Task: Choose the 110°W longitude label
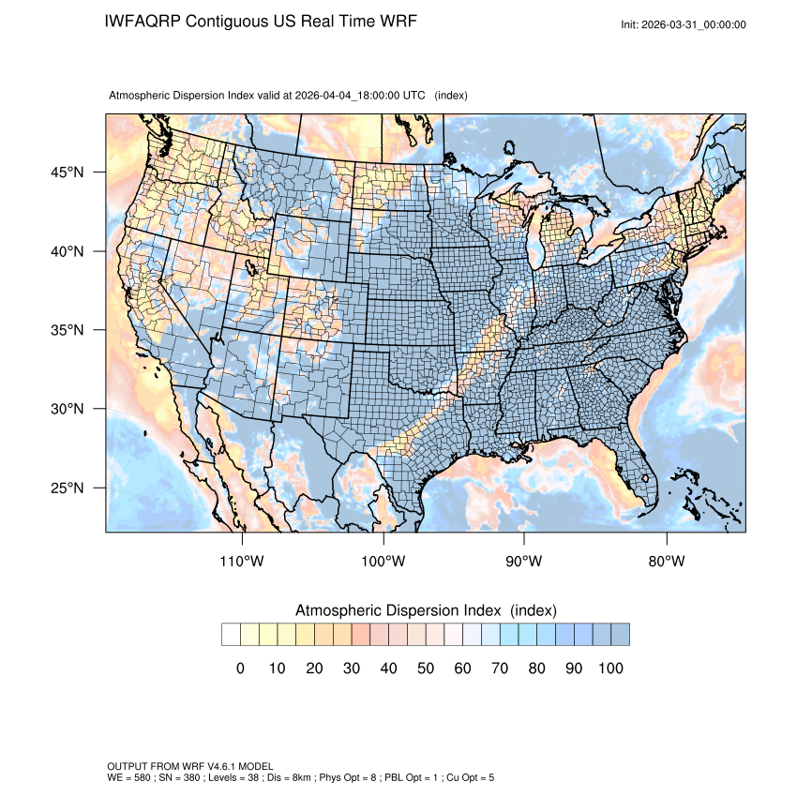tap(243, 562)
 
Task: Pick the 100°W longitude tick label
tap(383, 562)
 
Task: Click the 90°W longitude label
tap(525, 562)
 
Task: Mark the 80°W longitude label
tap(666, 562)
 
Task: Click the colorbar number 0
tap(240, 669)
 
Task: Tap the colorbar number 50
tap(426, 669)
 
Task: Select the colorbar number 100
tap(610, 669)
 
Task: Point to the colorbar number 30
tap(352, 669)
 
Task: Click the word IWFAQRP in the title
tap(143, 22)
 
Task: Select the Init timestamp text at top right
tap(684, 24)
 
